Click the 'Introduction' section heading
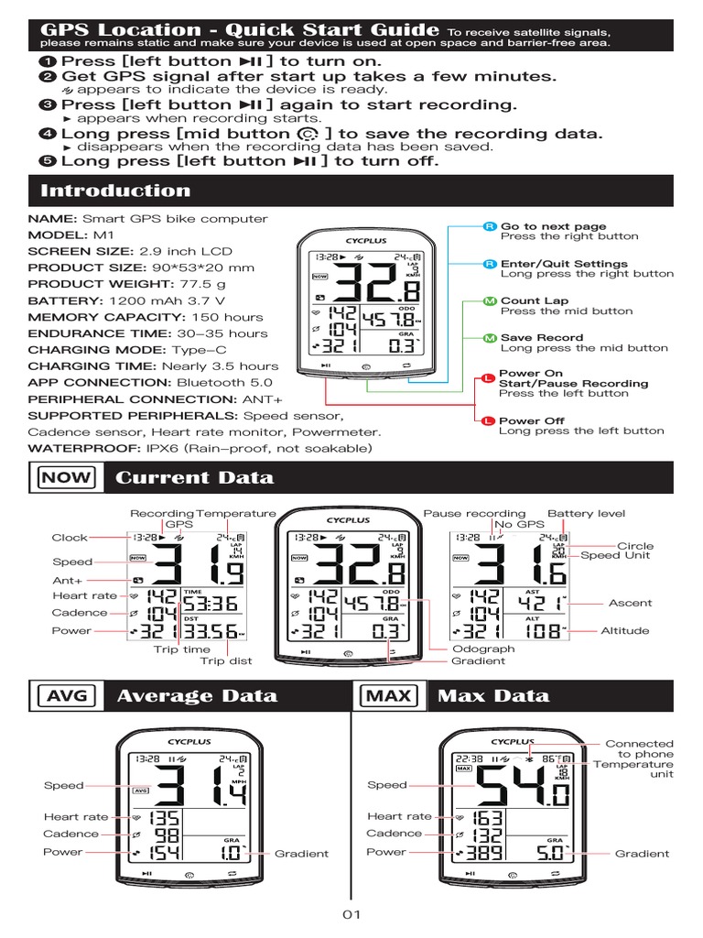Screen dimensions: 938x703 click(x=115, y=191)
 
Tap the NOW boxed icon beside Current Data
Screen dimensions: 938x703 click(x=66, y=477)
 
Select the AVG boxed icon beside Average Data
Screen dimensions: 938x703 click(x=66, y=695)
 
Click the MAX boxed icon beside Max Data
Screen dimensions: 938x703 click(x=389, y=695)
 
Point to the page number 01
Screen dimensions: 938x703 click(x=352, y=914)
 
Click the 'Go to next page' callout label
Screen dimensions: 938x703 click(x=553, y=226)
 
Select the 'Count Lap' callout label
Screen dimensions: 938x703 click(x=535, y=300)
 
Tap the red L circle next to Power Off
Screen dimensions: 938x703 click(x=489, y=420)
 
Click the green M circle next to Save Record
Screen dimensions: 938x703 click(x=489, y=338)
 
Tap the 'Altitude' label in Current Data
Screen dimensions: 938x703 click(x=624, y=630)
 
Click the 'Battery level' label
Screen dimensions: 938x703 click(x=585, y=514)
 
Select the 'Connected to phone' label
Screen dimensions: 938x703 click(x=639, y=748)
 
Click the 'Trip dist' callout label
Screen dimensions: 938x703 click(x=226, y=660)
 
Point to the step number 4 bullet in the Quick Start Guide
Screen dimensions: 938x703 click(x=49, y=134)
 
